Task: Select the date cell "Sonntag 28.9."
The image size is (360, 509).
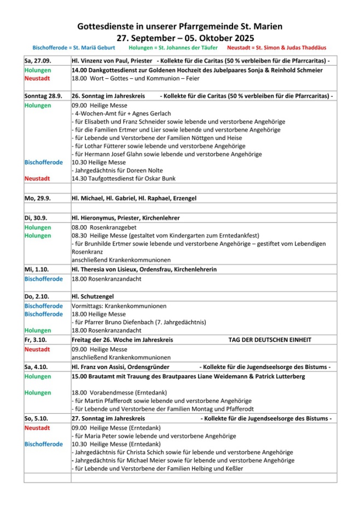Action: pyautogui.click(x=43, y=96)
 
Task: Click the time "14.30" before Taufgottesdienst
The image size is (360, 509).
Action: pyautogui.click(x=79, y=179)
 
